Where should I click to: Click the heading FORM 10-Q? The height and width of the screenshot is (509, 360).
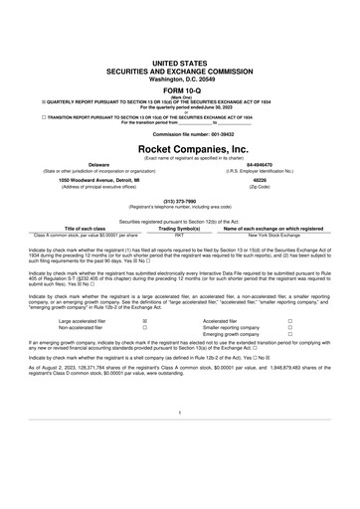pyautogui.click(x=180, y=88)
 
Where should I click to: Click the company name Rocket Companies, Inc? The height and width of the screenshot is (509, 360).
pyautogui.click(x=180, y=147)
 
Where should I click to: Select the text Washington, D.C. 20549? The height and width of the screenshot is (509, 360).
pyautogui.click(x=180, y=78)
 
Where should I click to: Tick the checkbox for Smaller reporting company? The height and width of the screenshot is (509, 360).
pyautogui.click(x=289, y=329)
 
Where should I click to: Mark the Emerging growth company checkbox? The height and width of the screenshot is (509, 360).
pyautogui.click(x=289, y=336)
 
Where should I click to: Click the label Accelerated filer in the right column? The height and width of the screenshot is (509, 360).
pyautogui.click(x=221, y=322)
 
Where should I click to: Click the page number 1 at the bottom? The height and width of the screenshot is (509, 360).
pyautogui.click(x=180, y=439)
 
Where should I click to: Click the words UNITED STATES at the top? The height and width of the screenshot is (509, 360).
pyautogui.click(x=180, y=63)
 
